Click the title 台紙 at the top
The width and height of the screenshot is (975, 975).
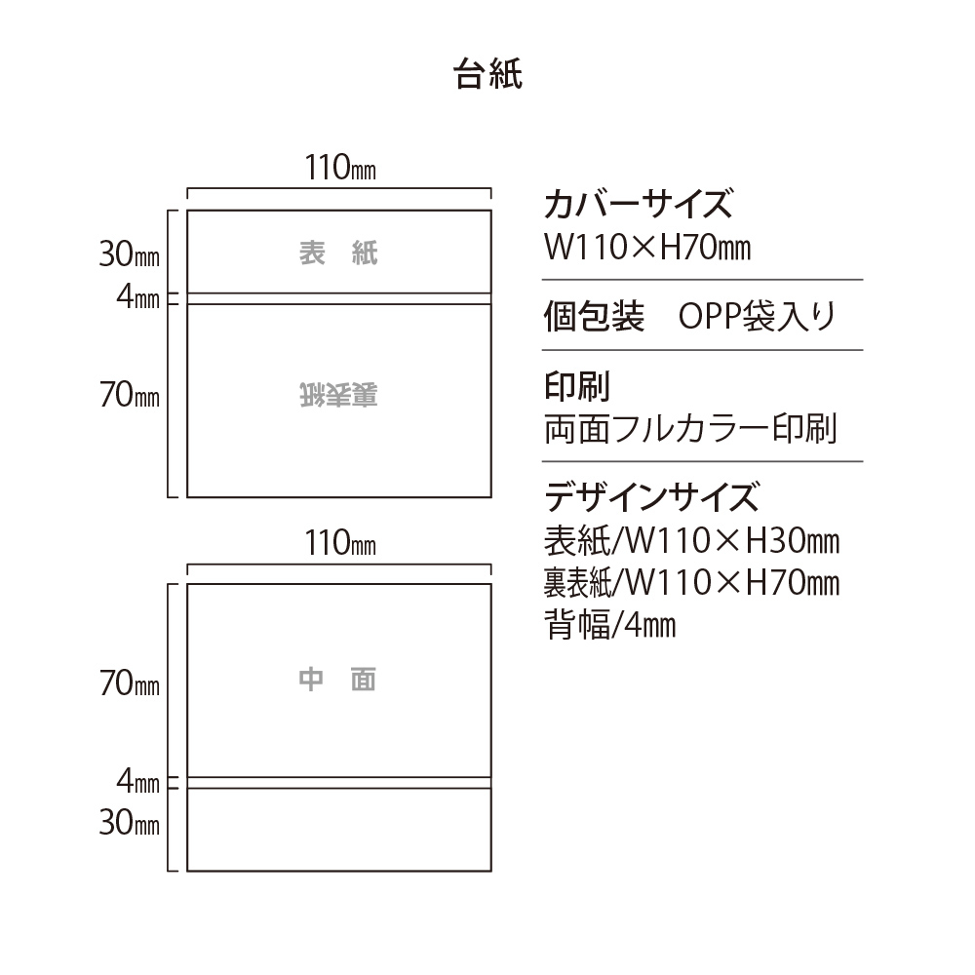(x=487, y=74)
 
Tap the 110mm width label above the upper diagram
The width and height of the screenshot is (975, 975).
(x=340, y=168)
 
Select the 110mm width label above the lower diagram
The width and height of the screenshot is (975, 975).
(x=340, y=543)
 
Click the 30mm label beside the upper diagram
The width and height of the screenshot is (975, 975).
(x=130, y=254)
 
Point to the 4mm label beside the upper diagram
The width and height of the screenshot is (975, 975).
(x=138, y=296)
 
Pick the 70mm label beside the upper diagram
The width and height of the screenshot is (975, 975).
(x=130, y=394)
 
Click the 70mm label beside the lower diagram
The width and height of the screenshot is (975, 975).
(x=130, y=682)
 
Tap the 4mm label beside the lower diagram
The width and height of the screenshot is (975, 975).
(x=138, y=782)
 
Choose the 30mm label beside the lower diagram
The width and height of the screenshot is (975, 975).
(x=130, y=823)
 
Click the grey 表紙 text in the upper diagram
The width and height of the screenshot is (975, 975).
(x=338, y=253)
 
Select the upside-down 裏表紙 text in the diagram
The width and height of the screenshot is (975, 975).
(x=338, y=395)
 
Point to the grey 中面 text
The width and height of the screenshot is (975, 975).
(x=337, y=680)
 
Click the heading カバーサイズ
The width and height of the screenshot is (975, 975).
(x=639, y=204)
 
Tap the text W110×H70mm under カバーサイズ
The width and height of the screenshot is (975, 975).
(x=647, y=247)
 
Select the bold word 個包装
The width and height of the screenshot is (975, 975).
(x=595, y=316)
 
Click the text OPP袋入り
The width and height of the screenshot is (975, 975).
(x=758, y=316)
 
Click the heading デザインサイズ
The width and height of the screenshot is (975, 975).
(x=651, y=496)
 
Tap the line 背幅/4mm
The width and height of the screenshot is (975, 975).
(x=610, y=624)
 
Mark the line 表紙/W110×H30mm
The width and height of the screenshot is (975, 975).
(x=692, y=541)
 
